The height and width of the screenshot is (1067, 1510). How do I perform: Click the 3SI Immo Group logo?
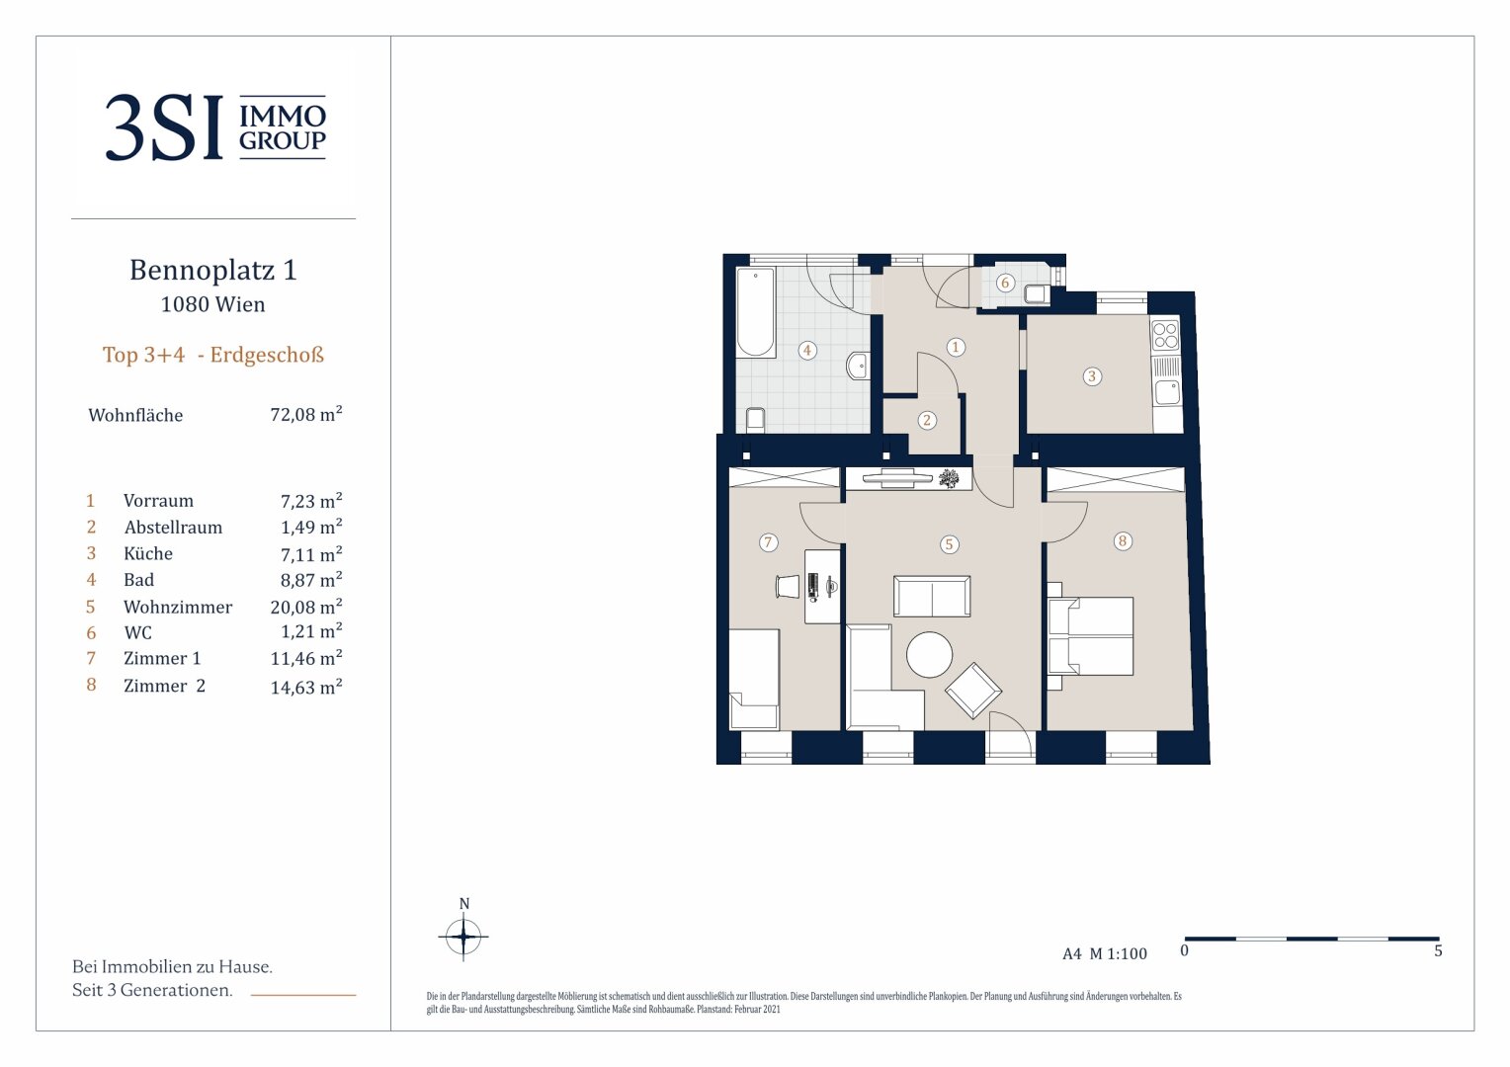click(215, 126)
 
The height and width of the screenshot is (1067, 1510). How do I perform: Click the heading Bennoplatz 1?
click(213, 270)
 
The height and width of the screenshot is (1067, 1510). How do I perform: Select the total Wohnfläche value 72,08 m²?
click(306, 413)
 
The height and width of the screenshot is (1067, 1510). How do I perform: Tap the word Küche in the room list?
click(148, 553)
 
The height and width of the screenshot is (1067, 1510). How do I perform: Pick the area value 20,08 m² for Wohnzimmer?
click(306, 606)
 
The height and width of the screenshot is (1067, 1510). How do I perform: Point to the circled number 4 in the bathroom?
click(807, 350)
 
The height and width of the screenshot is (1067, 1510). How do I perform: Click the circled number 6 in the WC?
click(1005, 283)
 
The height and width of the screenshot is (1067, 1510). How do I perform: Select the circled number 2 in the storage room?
click(927, 421)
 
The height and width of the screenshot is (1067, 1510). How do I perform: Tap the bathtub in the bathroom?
click(756, 312)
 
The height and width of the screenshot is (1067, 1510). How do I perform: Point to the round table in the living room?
click(930, 654)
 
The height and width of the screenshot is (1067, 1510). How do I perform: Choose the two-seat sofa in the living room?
click(932, 596)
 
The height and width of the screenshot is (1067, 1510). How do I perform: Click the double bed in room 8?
click(1090, 635)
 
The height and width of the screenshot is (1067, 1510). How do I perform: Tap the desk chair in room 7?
click(788, 587)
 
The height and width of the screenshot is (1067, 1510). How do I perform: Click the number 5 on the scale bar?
click(1438, 951)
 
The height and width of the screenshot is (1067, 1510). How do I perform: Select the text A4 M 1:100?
click(1105, 953)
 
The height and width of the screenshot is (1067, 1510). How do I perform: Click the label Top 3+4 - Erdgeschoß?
click(213, 355)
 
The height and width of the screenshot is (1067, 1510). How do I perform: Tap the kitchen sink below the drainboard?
click(1167, 392)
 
